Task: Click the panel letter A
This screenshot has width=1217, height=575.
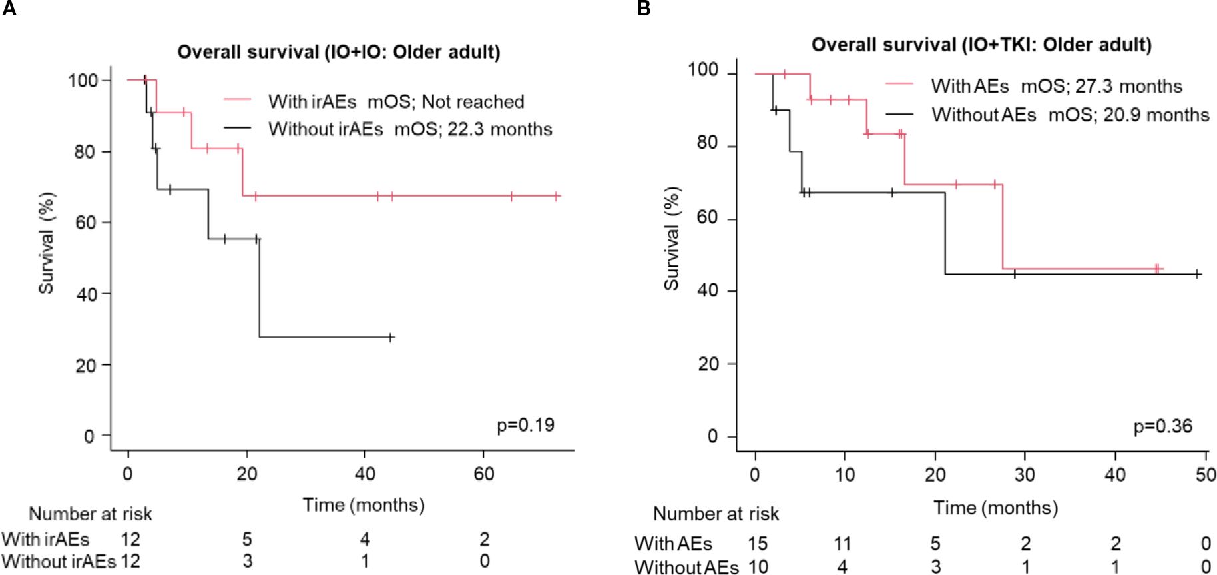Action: (x=9, y=9)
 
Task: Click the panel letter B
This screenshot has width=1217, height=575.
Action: (x=643, y=9)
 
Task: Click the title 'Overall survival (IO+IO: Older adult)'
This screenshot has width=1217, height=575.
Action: (x=338, y=52)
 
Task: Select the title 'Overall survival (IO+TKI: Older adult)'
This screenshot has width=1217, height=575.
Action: (x=981, y=45)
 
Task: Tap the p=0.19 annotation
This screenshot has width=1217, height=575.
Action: (x=525, y=425)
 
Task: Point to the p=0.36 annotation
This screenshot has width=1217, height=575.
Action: (x=1162, y=426)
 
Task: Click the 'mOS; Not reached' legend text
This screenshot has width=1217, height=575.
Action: (x=445, y=102)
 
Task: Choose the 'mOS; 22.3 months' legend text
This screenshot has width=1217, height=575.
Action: (x=473, y=129)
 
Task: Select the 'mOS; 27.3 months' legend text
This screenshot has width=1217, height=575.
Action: (x=1101, y=86)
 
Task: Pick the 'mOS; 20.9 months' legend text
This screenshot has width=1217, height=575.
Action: (x=1128, y=115)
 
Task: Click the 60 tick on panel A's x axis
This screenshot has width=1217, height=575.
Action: (x=484, y=474)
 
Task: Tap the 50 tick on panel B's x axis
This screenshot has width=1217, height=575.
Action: (x=1205, y=474)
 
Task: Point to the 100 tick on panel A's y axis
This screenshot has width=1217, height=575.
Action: (x=83, y=81)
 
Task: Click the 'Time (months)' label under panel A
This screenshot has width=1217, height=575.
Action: (x=364, y=505)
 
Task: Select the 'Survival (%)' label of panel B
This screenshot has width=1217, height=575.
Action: (x=671, y=238)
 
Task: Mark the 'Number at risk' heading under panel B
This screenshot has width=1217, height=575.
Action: (x=716, y=514)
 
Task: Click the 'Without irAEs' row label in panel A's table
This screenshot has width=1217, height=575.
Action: (x=59, y=562)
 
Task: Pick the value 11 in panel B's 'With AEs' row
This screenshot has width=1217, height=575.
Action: (x=843, y=544)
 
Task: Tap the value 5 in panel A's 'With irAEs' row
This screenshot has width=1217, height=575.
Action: (x=247, y=539)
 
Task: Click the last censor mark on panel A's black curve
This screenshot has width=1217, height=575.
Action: (x=390, y=338)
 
